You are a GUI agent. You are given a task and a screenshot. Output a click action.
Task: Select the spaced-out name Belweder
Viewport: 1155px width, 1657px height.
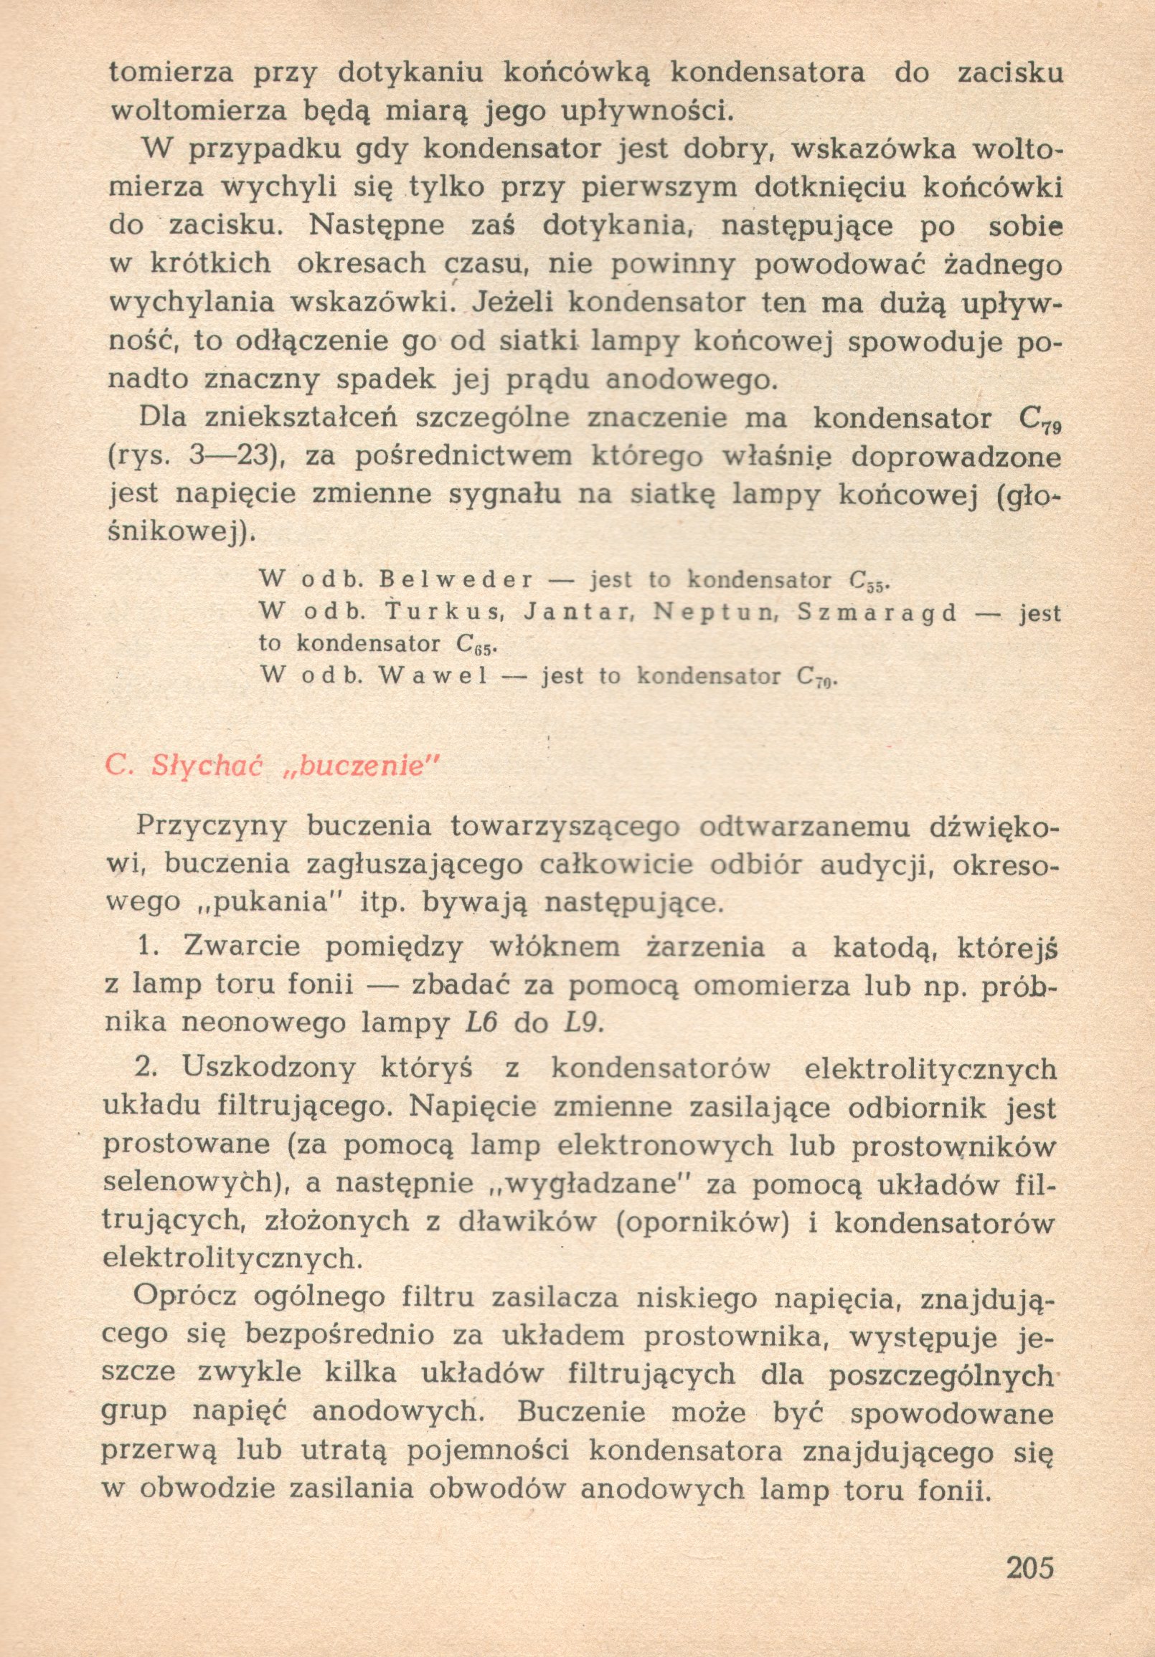pos(456,580)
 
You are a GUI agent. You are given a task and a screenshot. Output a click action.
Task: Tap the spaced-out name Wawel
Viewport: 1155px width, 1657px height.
pos(433,676)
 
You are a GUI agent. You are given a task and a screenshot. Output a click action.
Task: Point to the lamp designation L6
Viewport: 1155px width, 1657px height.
pos(477,1023)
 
